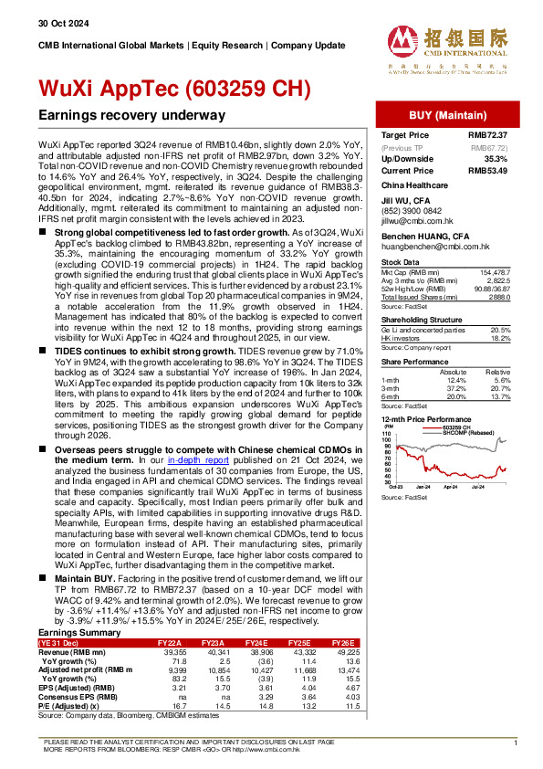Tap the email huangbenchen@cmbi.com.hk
pyautogui.click(x=428, y=244)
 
